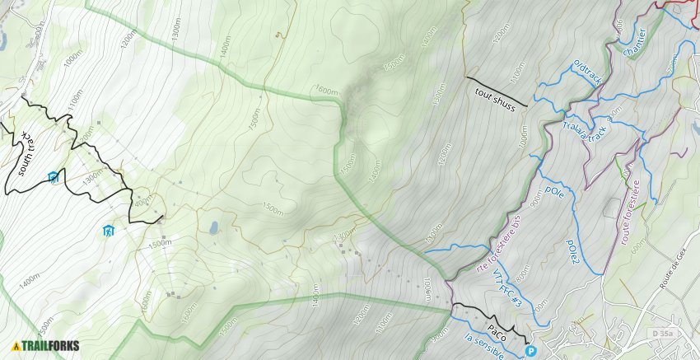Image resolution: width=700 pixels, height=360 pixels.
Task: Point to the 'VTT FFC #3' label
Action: tap(507, 288)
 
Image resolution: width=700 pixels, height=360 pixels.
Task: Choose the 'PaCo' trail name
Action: tap(497, 331)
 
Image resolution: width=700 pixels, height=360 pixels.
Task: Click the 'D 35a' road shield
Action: tap(660, 333)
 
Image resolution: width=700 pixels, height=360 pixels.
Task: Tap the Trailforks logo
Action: tap(46, 346)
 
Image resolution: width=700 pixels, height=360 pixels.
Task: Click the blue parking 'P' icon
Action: tap(530, 352)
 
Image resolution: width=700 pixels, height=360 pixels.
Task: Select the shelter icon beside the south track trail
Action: tap(53, 176)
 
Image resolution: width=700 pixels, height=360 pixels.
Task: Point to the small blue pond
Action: tap(213, 227)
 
